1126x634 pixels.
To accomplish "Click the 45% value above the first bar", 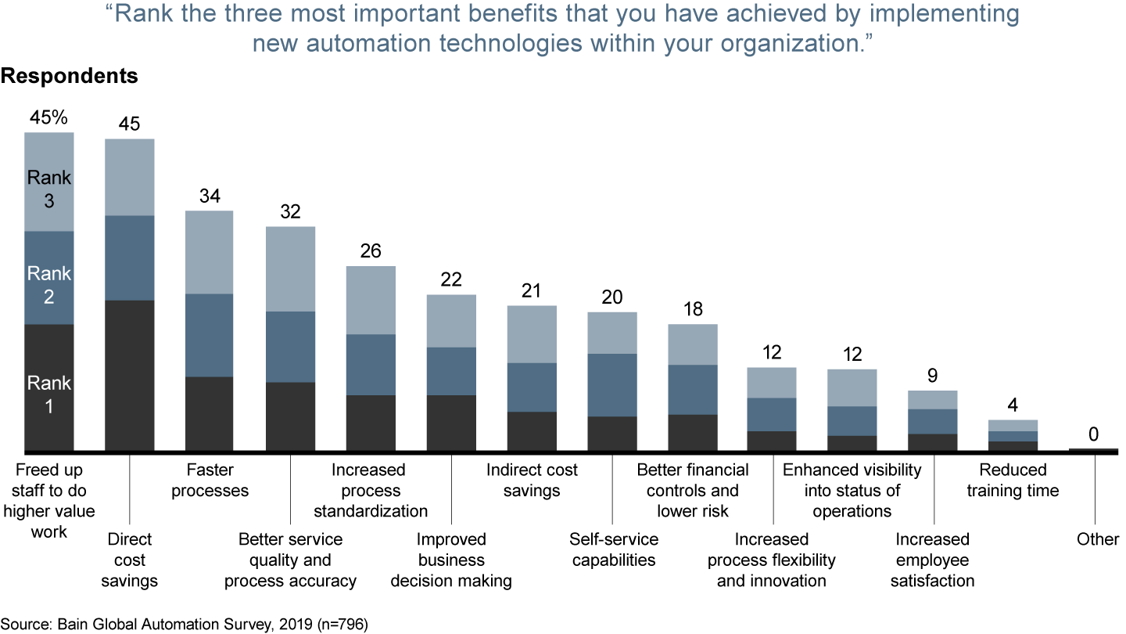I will [48, 118].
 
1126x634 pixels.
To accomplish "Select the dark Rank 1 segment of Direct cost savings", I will [129, 375].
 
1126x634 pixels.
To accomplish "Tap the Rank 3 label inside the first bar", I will [48, 189].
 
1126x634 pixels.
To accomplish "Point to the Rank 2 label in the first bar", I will [48, 285].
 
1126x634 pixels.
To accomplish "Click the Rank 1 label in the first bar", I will [48, 394].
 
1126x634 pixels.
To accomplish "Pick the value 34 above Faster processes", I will [209, 196].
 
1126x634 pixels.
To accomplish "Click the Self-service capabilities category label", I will [613, 549].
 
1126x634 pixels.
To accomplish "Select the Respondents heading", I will [70, 77].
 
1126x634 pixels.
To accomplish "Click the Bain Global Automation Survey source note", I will [184, 624].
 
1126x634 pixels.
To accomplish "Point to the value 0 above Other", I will [1093, 434].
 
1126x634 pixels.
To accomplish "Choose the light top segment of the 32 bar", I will [290, 268].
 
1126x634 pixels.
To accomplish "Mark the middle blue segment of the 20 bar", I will [612, 384].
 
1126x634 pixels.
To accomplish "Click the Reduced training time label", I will [1013, 480].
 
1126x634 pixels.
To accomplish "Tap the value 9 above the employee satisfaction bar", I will [932, 376].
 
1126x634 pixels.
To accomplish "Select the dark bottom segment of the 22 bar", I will [451, 423].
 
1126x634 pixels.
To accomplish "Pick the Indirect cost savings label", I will [532, 480].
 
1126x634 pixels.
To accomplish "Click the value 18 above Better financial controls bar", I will [692, 309].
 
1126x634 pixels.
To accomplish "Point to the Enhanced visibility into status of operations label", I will [852, 490].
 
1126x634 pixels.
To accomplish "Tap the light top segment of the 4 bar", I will [1013, 425].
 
